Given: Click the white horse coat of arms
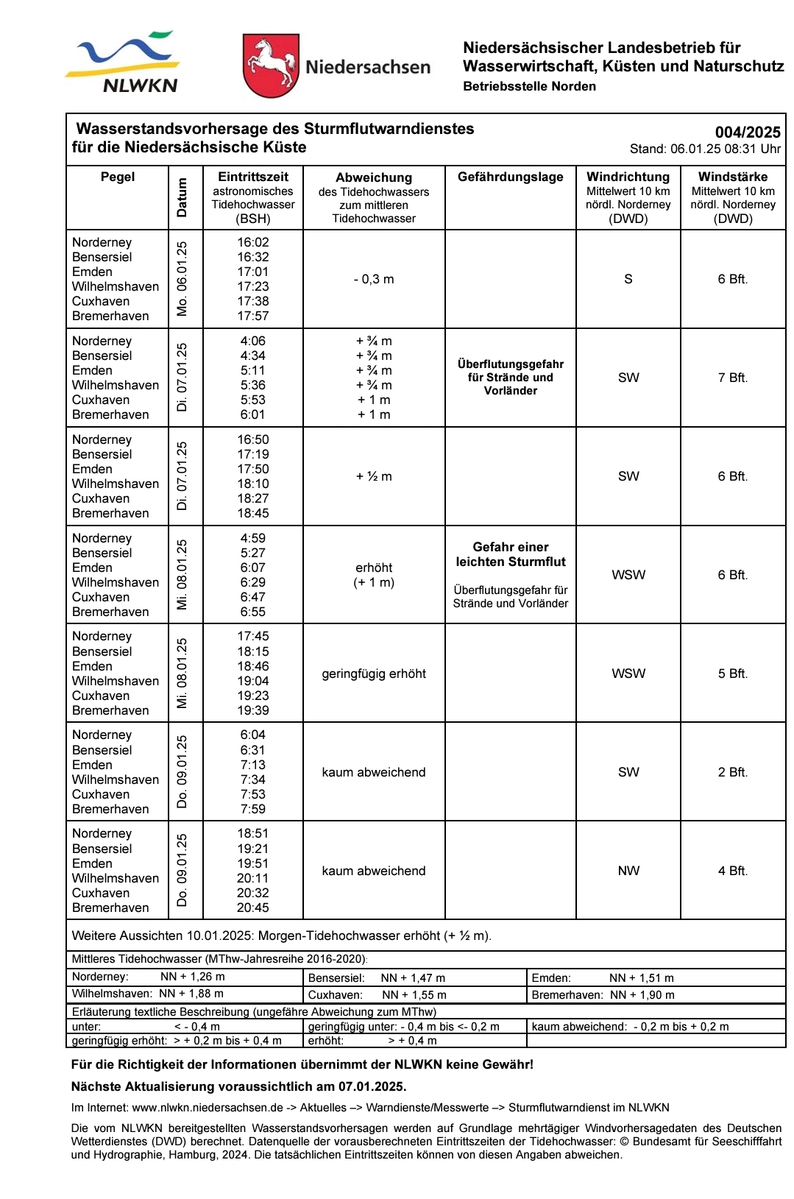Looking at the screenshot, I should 270,65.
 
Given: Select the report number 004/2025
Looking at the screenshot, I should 748,132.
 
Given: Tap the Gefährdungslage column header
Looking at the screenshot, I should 510,177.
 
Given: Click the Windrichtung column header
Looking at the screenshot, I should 628,177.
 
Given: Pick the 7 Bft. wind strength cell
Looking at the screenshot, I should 732,378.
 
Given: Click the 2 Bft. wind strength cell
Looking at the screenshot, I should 732,772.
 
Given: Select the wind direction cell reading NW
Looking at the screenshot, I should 628,871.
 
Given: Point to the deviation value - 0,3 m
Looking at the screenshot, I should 374,279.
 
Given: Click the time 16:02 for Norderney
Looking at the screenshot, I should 253,242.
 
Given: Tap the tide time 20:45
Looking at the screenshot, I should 253,908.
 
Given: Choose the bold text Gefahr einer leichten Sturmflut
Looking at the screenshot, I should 511,554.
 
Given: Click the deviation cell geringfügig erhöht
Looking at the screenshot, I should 374,673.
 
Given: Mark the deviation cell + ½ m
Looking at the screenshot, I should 374,476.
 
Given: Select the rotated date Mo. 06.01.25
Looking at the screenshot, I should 182,279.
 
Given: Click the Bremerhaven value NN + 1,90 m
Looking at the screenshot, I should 642,995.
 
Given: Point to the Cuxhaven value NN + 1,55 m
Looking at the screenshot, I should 414,995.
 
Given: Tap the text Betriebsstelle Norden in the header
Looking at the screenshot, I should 529,86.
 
